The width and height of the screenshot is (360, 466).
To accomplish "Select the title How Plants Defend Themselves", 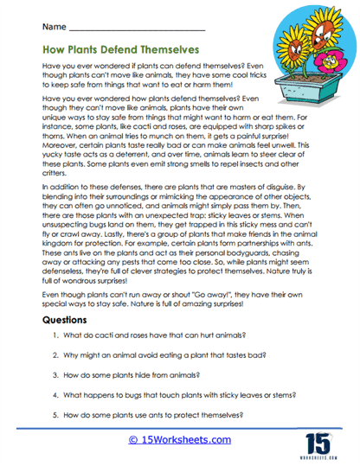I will tap(121, 51).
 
